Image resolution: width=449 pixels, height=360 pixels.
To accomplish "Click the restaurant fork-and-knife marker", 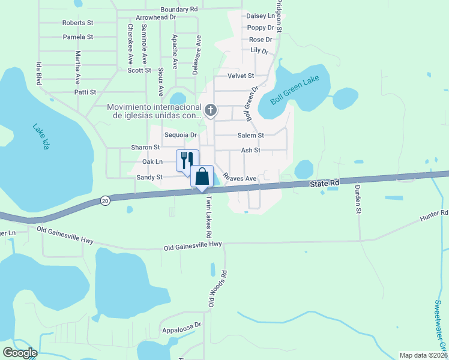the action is point(187,160).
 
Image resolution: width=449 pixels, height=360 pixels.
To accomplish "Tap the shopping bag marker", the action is point(202,176).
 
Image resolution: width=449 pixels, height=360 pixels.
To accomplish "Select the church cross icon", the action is point(210,110).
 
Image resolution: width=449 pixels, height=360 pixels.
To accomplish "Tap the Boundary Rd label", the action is point(179,10).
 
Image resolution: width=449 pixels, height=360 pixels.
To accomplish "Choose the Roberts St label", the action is point(78,23).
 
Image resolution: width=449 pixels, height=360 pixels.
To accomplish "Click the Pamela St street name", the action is point(78,37).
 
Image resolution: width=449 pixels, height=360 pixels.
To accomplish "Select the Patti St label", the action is point(85,92).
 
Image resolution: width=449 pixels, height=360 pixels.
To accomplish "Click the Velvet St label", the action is point(241,76).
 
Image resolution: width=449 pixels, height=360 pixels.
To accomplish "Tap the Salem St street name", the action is point(252,136).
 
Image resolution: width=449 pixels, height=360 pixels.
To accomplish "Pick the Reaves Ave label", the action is point(240,178).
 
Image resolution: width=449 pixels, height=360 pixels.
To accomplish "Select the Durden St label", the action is point(357,199).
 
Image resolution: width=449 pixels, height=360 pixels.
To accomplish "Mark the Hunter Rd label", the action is point(435,213).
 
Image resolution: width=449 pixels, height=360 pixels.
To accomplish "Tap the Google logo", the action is point(19,353).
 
